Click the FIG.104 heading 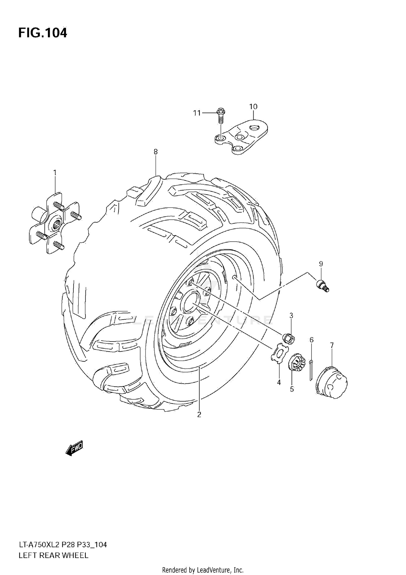tap(42, 33)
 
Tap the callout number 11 tap(197, 113)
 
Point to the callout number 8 tap(156, 152)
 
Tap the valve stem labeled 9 tap(322, 286)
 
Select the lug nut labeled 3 tap(289, 339)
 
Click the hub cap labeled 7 tap(332, 382)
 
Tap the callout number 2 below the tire tap(199, 415)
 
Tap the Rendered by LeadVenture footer tap(203, 570)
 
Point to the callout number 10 tap(253, 107)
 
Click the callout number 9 tap(321, 264)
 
